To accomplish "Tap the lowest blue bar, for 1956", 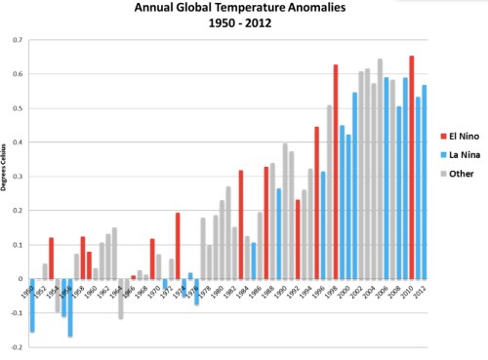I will coord(70,307).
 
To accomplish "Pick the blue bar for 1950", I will coord(31,304).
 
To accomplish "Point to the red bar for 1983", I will coord(240,224).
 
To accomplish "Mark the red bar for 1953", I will coord(51,258).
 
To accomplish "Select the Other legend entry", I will coord(449,173).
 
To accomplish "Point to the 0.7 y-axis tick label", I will coord(17,40).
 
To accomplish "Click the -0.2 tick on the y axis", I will coord(16,346).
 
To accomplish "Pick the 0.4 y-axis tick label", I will coord(17,142).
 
